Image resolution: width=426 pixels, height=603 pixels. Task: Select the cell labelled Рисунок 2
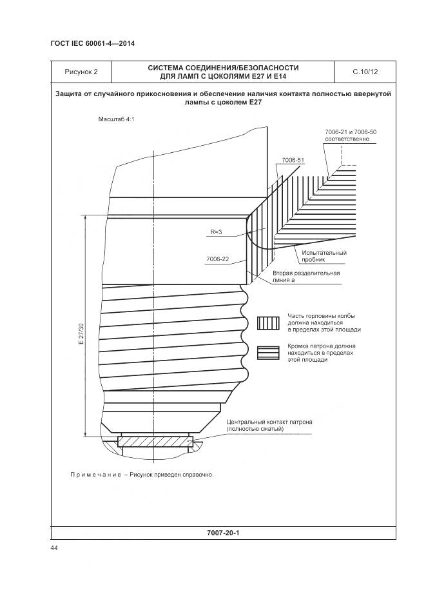click(81, 72)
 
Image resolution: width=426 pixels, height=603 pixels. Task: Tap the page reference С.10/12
click(365, 72)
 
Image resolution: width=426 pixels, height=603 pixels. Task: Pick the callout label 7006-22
click(218, 259)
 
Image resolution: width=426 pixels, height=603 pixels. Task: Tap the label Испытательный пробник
click(324, 256)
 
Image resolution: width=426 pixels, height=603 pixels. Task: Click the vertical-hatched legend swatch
click(267, 322)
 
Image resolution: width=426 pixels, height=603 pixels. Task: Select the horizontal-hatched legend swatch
click(267, 352)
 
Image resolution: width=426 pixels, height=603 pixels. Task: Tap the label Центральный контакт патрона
click(269, 422)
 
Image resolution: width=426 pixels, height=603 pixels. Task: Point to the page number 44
click(54, 548)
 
